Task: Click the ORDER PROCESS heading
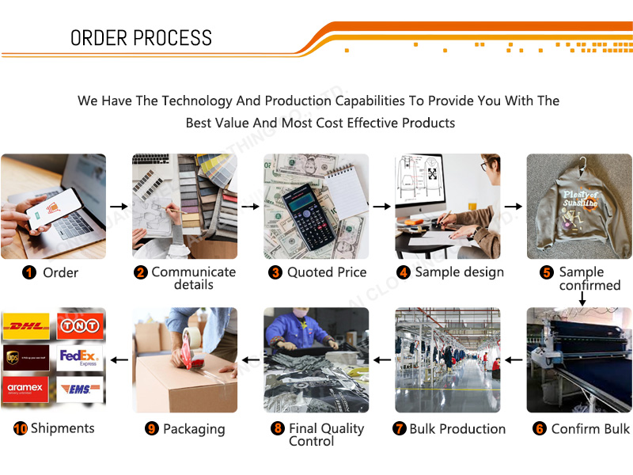tap(141, 38)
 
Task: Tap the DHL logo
tap(26, 325)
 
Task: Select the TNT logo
tap(79, 325)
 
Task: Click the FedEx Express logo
tap(79, 358)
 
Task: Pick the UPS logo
tap(26, 358)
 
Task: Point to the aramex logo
tap(26, 388)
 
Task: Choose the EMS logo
tap(79, 389)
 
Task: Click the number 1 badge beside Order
tap(29, 273)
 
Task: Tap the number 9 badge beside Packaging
tap(152, 429)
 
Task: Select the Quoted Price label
tap(326, 272)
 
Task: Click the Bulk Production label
tap(457, 429)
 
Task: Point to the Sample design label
tap(459, 272)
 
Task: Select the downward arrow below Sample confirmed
tap(582, 298)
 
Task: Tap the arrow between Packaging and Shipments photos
tap(119, 360)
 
